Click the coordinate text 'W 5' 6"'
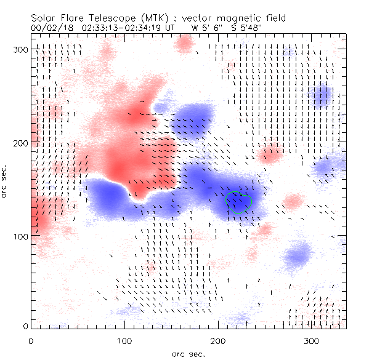pos(206,27)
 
